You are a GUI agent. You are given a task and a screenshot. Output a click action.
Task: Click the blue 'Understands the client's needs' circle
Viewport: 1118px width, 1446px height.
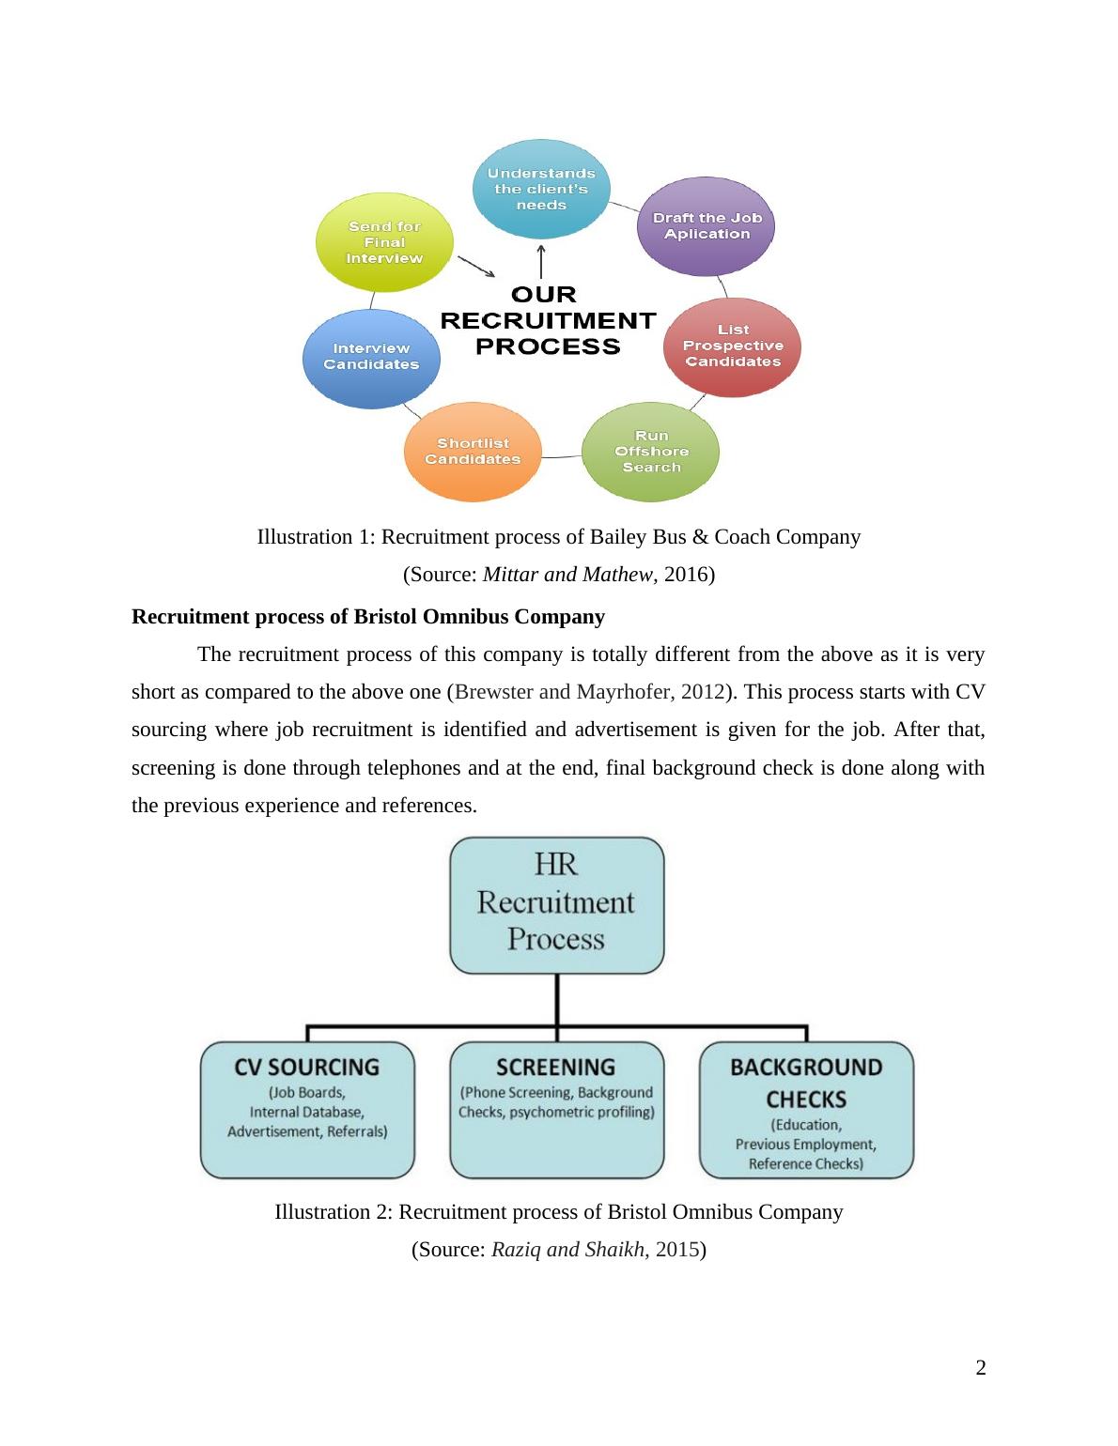coord(540,189)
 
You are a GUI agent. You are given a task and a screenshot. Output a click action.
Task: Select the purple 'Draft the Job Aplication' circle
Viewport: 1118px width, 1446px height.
coord(707,226)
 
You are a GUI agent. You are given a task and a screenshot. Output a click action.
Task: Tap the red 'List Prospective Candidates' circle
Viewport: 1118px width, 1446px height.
coord(733,346)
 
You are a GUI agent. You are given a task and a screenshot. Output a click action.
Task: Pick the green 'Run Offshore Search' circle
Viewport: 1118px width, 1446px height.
coord(651,452)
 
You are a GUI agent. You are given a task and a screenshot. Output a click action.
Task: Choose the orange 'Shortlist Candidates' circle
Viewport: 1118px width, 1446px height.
coord(472,452)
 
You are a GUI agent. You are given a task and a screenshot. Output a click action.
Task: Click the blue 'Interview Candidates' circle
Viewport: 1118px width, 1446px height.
coord(371,357)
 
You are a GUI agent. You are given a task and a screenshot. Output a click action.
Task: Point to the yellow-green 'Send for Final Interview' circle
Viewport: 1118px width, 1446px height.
coord(384,242)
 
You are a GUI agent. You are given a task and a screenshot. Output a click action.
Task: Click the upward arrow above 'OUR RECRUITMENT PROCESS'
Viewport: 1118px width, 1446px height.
coord(541,260)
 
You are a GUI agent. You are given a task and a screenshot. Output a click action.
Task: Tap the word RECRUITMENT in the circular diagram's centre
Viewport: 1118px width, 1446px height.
coord(548,320)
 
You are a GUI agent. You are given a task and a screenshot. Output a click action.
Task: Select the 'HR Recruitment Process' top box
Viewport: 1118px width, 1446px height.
coord(556,903)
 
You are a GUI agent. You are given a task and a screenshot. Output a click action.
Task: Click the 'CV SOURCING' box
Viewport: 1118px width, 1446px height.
coord(307,1110)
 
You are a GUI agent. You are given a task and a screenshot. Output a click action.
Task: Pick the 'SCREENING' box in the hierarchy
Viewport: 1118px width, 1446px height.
coord(556,1110)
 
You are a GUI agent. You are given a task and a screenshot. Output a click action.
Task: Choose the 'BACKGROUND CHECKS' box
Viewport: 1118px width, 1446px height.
coord(806,1110)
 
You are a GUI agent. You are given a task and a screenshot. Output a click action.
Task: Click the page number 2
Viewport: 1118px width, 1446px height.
coord(981,1367)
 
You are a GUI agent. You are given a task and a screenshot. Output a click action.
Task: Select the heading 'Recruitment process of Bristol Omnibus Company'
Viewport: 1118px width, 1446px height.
coord(368,617)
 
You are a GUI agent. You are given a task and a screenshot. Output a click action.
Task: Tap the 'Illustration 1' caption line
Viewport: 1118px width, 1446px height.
coord(558,537)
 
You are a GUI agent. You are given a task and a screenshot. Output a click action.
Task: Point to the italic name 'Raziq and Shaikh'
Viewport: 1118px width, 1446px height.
coord(567,1249)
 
